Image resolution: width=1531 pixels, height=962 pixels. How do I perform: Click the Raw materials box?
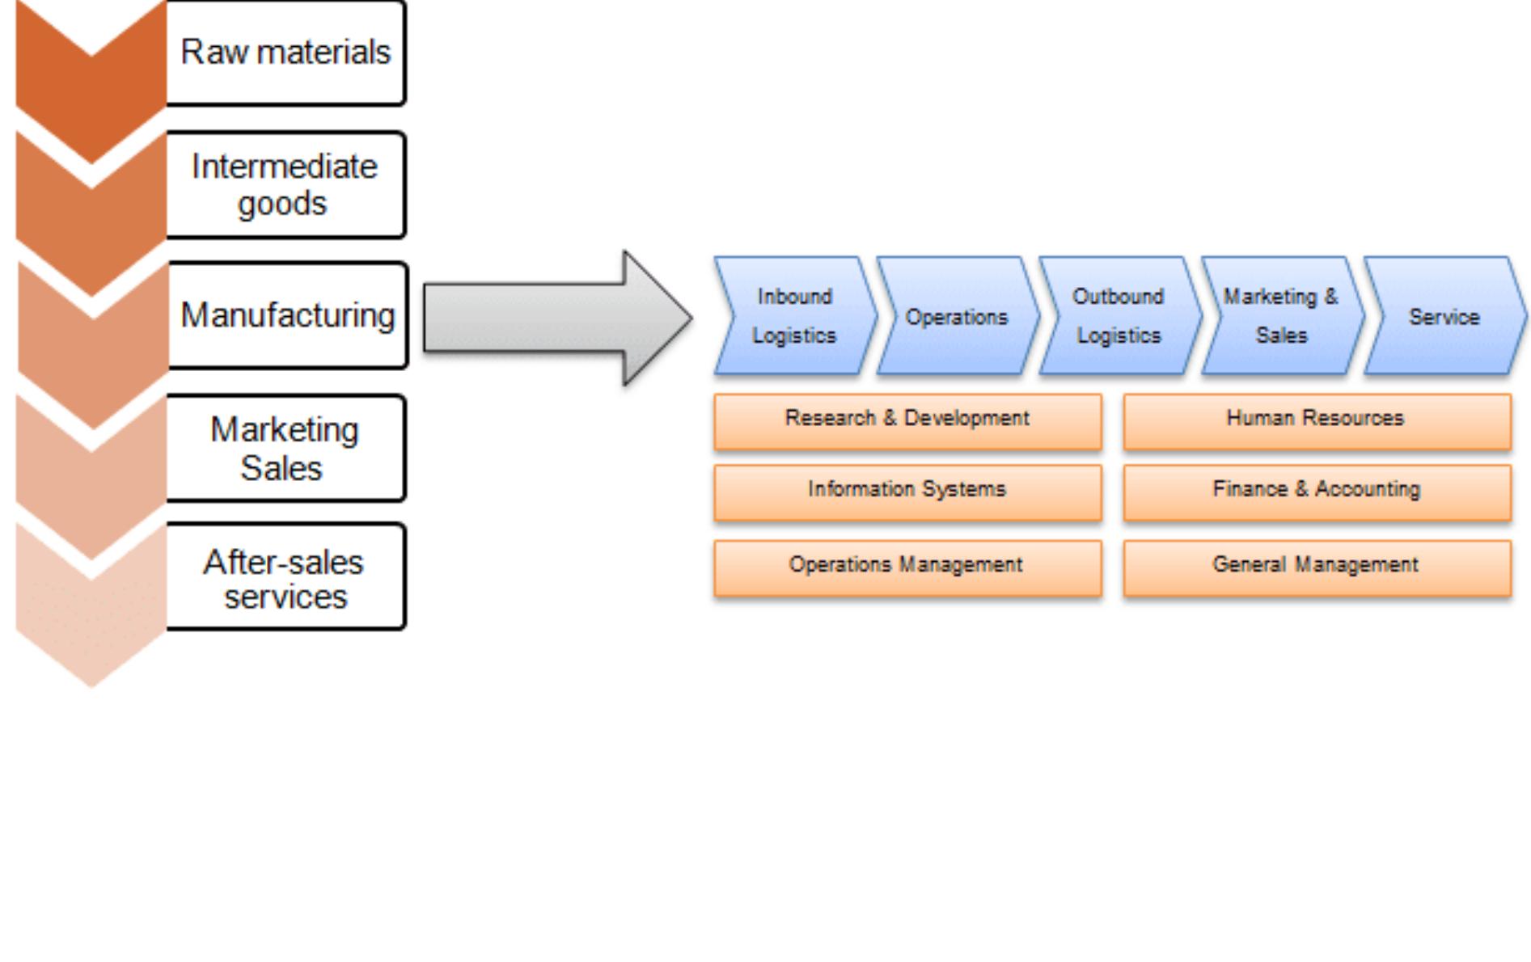(x=285, y=53)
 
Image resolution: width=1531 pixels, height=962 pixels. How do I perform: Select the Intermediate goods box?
(x=285, y=185)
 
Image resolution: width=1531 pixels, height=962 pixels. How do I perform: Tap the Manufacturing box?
(x=287, y=315)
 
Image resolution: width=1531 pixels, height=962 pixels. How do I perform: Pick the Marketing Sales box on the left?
(x=285, y=449)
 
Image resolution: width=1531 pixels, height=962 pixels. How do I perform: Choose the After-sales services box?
(x=285, y=578)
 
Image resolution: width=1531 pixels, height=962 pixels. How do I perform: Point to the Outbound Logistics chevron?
(x=1119, y=316)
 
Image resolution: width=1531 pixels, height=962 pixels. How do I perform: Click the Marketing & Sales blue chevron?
(x=1281, y=316)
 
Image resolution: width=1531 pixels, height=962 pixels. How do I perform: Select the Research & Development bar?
(x=907, y=420)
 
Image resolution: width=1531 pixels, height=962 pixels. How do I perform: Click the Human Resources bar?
(x=1317, y=420)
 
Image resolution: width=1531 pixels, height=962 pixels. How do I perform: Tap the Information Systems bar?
(x=907, y=492)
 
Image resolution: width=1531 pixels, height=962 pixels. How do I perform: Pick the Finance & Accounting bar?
(x=1317, y=492)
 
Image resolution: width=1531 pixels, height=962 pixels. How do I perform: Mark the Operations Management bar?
(x=907, y=567)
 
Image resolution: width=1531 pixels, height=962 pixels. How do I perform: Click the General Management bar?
(x=1317, y=567)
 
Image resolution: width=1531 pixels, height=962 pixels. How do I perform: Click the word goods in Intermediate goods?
(x=282, y=204)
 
